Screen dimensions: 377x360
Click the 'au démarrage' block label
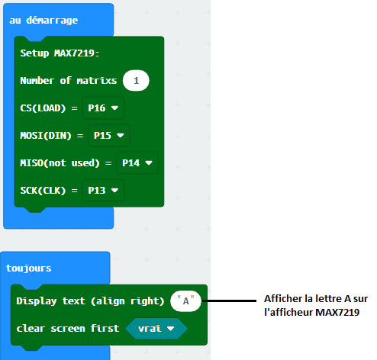pos(43,21)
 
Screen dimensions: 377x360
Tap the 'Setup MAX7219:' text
pos(60,53)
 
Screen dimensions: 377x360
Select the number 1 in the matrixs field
pos(136,81)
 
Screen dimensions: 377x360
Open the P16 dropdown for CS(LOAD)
pos(103,108)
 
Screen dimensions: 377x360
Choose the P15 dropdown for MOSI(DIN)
pos(109,136)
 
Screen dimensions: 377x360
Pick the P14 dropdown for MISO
pos(137,163)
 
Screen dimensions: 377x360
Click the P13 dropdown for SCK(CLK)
pos(103,191)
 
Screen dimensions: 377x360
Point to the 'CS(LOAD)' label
pos(43,108)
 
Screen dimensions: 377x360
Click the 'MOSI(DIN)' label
pos(46,136)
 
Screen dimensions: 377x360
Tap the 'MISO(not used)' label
pos(60,163)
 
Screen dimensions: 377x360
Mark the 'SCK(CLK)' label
pos(43,191)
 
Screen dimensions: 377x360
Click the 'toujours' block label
pos(29,268)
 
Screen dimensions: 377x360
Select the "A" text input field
pos(185,301)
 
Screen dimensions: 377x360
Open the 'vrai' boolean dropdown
pos(156,329)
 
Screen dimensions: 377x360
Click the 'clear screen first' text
pos(68,329)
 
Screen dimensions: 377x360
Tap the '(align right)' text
pos(127,301)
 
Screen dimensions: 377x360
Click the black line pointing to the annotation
pos(229,301)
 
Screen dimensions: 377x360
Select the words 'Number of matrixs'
pos(69,81)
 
